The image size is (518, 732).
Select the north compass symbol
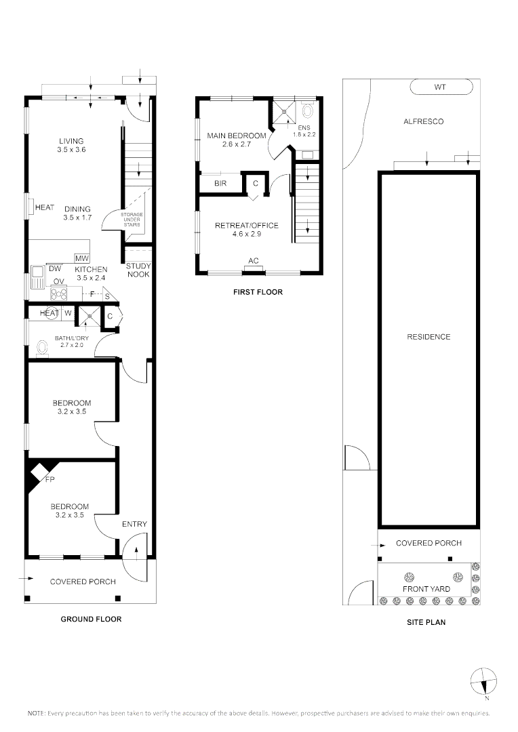tap(483, 680)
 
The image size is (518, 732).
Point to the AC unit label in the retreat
tap(254, 261)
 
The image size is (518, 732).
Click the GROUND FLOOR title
tap(91, 619)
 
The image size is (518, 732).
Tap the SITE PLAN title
tap(426, 622)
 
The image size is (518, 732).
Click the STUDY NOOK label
tap(138, 270)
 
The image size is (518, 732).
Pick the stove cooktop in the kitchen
tap(59, 293)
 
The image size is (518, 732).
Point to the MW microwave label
tap(82, 259)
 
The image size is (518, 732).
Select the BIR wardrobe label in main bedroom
tap(220, 184)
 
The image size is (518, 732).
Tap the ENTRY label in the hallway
tap(134, 524)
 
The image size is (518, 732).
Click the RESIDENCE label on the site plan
tap(428, 337)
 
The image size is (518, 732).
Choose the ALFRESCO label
tap(423, 121)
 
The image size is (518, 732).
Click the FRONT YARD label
tap(426, 588)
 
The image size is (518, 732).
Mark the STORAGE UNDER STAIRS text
tap(131, 220)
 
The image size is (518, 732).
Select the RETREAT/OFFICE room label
tap(246, 229)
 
